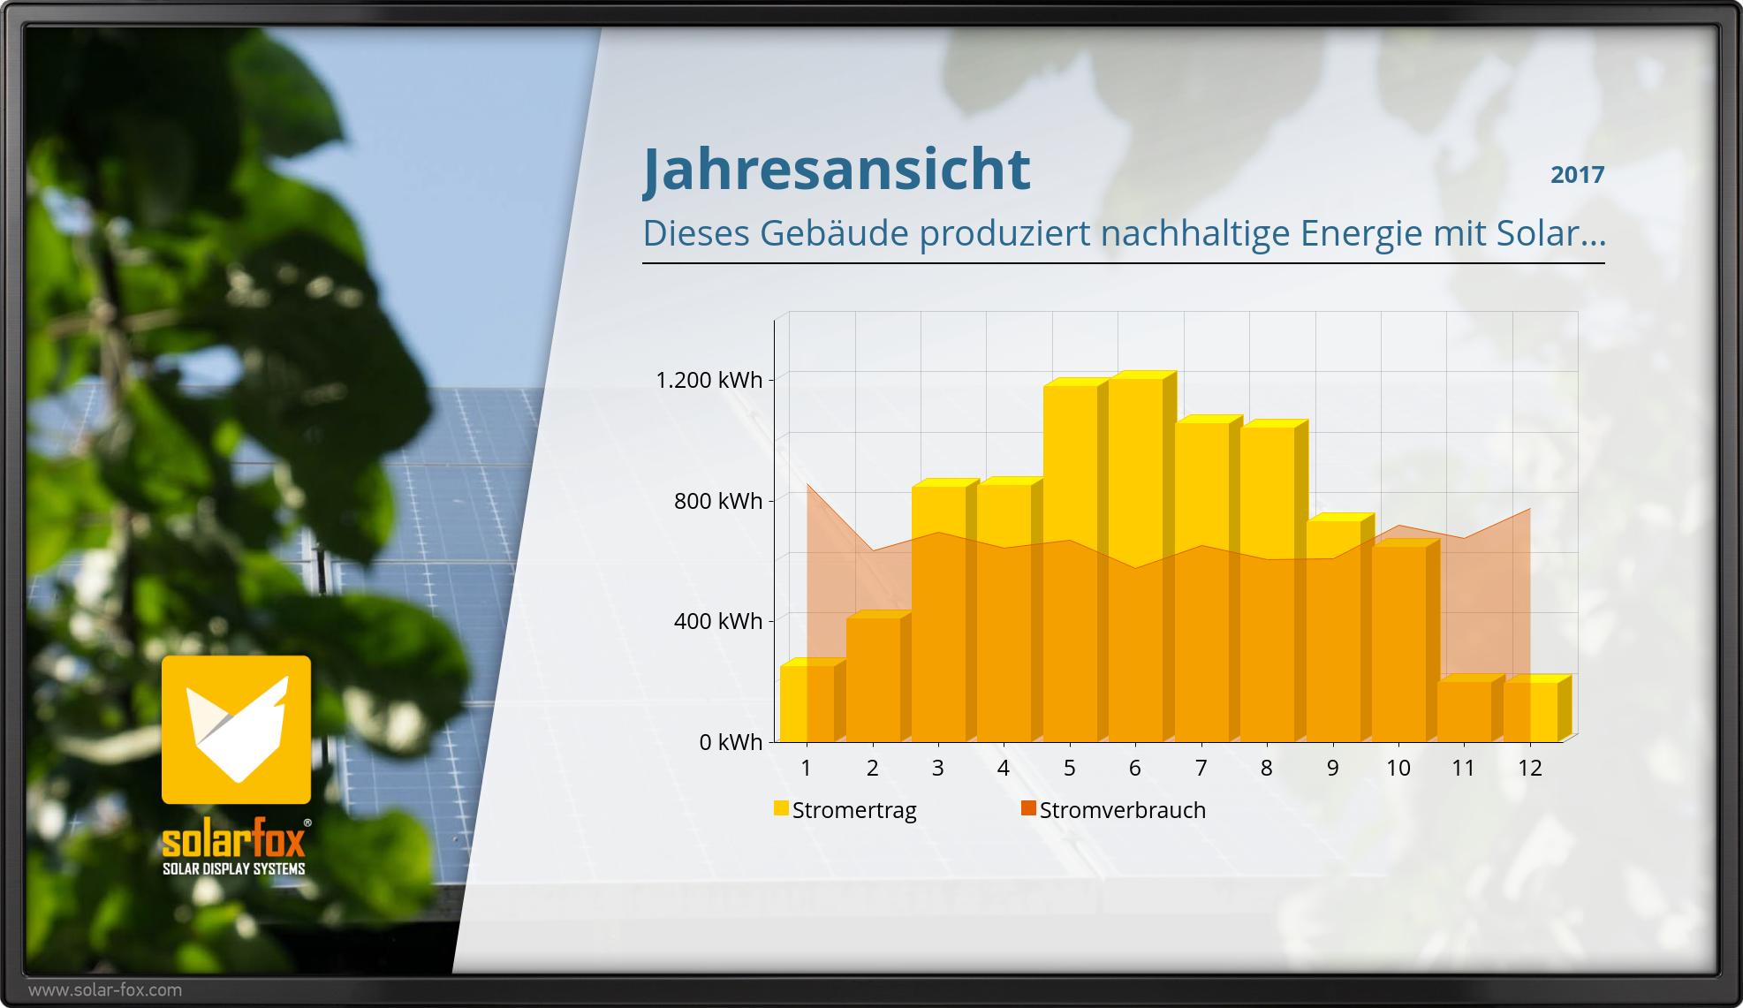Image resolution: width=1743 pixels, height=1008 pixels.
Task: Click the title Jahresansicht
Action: click(x=837, y=170)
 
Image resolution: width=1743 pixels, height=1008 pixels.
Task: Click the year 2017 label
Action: click(x=1577, y=175)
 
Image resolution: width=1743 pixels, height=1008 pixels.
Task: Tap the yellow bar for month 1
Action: click(x=813, y=700)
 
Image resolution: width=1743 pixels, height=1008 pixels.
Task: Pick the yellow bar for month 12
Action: click(x=1537, y=709)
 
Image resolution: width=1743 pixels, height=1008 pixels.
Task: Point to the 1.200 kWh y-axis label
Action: click(x=709, y=380)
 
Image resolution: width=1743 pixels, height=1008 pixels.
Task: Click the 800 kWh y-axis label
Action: click(x=717, y=501)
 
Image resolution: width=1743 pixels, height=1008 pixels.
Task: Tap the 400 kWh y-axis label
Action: click(x=717, y=621)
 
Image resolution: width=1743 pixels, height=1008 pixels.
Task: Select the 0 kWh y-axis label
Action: click(x=731, y=742)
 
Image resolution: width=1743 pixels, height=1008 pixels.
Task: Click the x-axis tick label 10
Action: click(x=1398, y=768)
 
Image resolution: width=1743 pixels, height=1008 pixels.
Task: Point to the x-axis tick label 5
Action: click(x=1069, y=768)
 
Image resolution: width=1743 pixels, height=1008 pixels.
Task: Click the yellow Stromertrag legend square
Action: click(x=781, y=808)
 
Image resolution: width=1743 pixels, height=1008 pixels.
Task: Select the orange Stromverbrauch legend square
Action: click(x=1028, y=808)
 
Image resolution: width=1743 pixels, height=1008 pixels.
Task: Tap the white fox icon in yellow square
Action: click(x=237, y=730)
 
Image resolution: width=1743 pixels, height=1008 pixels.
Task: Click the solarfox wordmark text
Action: click(x=234, y=838)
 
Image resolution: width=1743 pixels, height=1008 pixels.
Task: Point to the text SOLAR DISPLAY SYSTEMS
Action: click(x=234, y=869)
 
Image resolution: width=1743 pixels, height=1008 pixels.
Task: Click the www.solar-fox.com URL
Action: click(x=105, y=990)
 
